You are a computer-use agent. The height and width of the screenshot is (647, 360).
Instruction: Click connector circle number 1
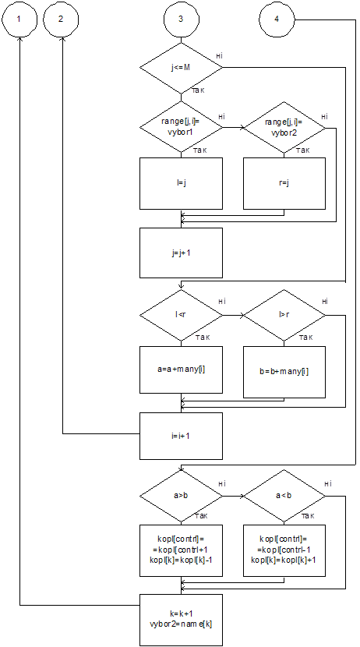pyautogui.click(x=19, y=19)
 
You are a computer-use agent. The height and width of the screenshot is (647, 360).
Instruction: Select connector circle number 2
pyautogui.click(x=61, y=19)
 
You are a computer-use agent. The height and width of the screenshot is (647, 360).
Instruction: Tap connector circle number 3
pyautogui.click(x=181, y=19)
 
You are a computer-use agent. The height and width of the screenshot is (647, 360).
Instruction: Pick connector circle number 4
pyautogui.click(x=277, y=19)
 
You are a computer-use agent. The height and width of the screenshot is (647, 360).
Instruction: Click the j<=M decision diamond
pyautogui.click(x=181, y=67)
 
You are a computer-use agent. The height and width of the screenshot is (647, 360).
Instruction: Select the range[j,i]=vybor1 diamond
pyautogui.click(x=181, y=127)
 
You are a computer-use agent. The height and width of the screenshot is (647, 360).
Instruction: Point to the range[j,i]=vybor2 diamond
pyautogui.click(x=284, y=127)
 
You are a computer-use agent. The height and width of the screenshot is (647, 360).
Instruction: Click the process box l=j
pyautogui.click(x=181, y=183)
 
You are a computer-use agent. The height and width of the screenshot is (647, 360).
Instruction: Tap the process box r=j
pyautogui.click(x=284, y=183)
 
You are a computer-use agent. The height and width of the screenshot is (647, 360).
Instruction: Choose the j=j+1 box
pyautogui.click(x=181, y=253)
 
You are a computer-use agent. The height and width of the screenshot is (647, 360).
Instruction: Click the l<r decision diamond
pyautogui.click(x=181, y=315)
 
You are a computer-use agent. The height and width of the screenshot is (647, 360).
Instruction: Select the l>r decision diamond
pyautogui.click(x=284, y=315)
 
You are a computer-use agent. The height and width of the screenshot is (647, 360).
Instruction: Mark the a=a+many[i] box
pyautogui.click(x=181, y=369)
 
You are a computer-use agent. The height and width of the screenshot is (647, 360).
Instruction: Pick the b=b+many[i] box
pyautogui.click(x=284, y=372)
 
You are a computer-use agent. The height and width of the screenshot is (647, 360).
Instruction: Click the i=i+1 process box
pyautogui.click(x=181, y=437)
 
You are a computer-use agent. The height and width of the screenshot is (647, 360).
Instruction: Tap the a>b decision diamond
pyautogui.click(x=181, y=496)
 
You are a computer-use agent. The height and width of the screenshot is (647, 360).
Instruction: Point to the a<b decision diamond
pyautogui.click(x=284, y=496)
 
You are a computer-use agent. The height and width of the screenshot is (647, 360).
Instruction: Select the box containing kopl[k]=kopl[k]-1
pyautogui.click(x=181, y=551)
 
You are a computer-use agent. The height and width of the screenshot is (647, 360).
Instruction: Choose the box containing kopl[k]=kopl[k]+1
pyautogui.click(x=284, y=551)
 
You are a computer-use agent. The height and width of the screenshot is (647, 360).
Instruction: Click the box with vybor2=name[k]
pyautogui.click(x=181, y=620)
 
